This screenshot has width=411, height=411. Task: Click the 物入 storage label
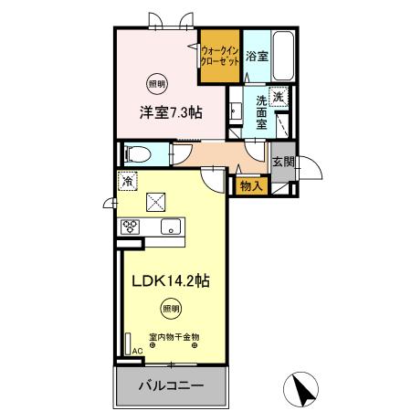click(251, 185)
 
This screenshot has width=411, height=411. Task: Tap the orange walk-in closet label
click(220, 58)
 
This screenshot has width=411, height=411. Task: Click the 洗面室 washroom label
click(263, 111)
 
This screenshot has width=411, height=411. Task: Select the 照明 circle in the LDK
click(170, 307)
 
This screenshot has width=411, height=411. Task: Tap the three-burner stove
click(129, 227)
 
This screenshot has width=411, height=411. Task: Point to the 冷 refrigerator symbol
click(128, 181)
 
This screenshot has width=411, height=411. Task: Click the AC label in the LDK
click(136, 350)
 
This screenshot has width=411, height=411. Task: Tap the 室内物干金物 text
click(171, 337)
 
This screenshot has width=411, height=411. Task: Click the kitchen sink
click(170, 227)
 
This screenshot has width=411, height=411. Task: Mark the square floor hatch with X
click(157, 200)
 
